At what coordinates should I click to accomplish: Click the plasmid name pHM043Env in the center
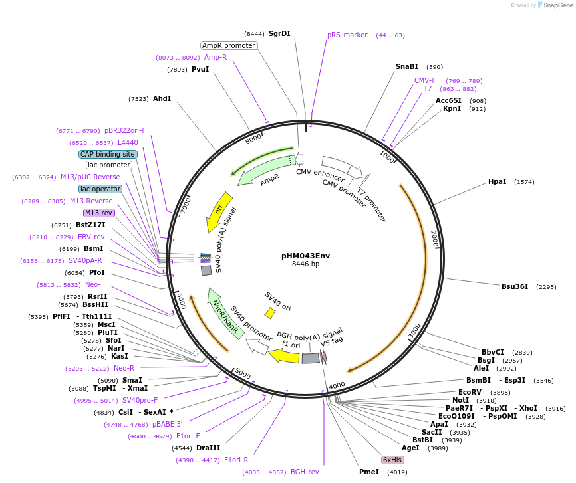point(305,255)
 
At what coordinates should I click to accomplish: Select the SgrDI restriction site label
point(279,33)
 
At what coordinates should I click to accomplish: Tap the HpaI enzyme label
point(497,181)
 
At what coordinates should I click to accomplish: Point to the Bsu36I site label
point(514,287)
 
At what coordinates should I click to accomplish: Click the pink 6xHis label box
point(392,460)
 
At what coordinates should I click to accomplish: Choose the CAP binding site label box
point(108,154)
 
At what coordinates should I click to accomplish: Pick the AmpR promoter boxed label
point(229,45)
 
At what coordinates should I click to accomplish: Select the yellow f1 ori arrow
point(284,356)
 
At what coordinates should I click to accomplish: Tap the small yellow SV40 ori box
point(270,312)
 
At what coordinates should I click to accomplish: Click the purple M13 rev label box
point(99,213)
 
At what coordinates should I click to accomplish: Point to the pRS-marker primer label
point(347,35)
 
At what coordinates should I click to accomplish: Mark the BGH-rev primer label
point(305,472)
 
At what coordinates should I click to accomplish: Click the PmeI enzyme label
point(368,472)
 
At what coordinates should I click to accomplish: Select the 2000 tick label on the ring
point(434,240)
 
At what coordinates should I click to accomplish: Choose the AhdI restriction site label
point(162,98)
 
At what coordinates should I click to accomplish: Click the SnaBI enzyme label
point(406,66)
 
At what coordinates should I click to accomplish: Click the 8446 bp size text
point(305,264)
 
